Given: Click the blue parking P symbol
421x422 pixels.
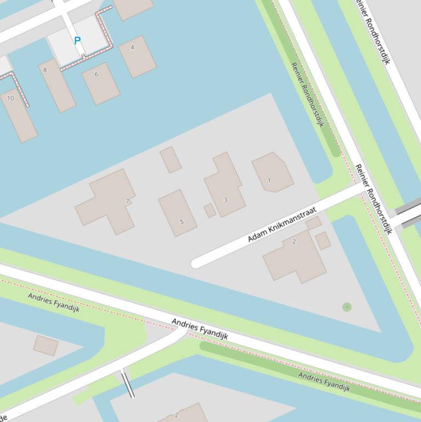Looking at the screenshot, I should [x=77, y=41].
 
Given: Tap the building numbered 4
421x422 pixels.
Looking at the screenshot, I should [x=137, y=56].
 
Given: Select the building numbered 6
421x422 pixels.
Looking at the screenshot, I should [x=100, y=83].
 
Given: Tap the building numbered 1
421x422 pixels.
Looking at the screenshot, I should [x=272, y=172].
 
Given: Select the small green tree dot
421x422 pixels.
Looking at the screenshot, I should [x=347, y=307].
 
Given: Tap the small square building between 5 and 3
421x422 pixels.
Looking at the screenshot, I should [x=210, y=210].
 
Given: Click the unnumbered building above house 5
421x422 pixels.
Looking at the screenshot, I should [x=170, y=159].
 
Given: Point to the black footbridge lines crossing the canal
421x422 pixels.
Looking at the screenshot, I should [x=128, y=383].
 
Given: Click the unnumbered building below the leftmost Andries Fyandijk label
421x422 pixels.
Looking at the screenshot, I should [x=46, y=345].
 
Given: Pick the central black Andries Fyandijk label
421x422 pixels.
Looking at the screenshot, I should [x=199, y=328].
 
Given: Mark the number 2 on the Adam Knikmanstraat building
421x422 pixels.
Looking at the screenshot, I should [x=294, y=242].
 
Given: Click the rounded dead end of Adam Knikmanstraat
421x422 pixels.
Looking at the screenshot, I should [x=197, y=263].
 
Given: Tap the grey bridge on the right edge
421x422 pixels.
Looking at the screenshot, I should [x=408, y=214].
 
